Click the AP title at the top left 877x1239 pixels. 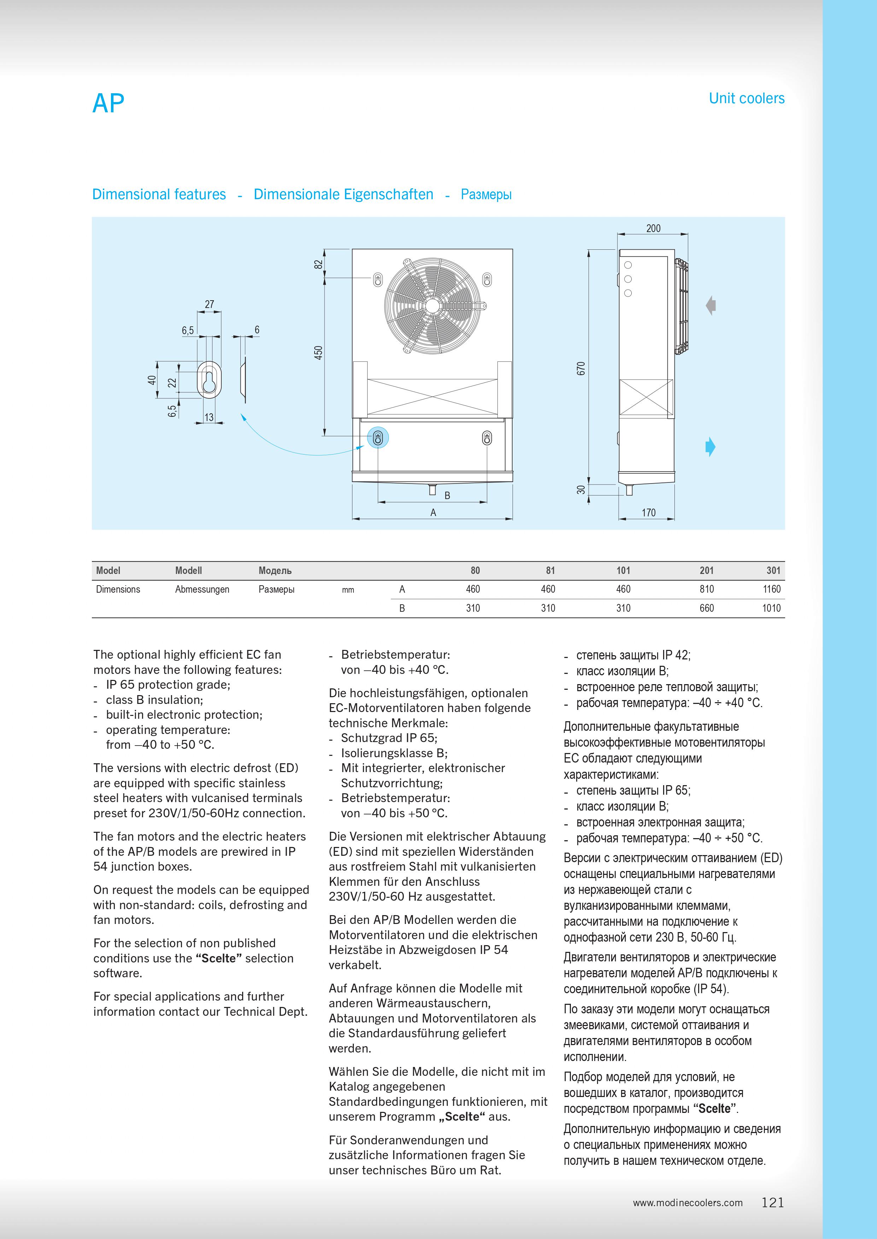[109, 103]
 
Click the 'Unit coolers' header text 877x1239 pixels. [746, 98]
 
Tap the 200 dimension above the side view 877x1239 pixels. [653, 228]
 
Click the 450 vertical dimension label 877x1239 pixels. [318, 353]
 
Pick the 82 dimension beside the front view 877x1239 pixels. [318, 265]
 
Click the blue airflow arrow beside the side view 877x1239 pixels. [710, 447]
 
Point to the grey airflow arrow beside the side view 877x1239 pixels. [711, 306]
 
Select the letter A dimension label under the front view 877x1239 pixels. [433, 512]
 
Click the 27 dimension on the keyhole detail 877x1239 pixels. [210, 304]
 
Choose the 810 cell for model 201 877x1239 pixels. [706, 589]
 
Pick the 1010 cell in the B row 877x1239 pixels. [771, 608]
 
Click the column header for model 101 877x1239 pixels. [623, 570]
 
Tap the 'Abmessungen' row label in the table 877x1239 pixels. [202, 589]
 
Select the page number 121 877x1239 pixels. [773, 1202]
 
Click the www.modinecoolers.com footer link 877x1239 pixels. [688, 1203]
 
